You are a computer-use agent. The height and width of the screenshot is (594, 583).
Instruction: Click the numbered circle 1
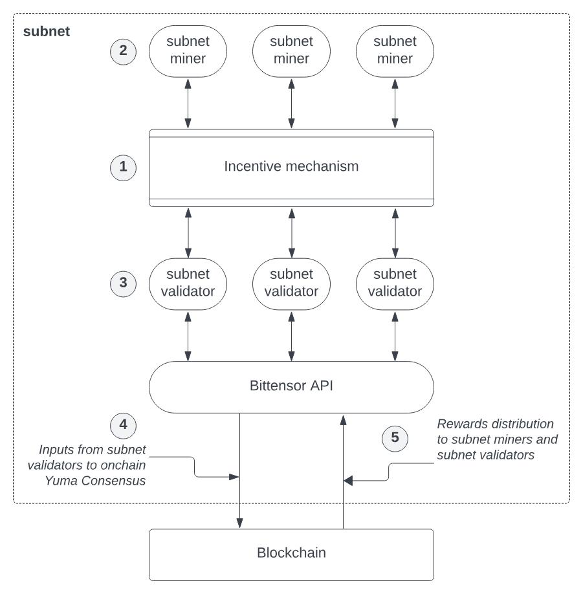tap(123, 168)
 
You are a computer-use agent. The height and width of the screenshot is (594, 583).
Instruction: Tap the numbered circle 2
tap(123, 51)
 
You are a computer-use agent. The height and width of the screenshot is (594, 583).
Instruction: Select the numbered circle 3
tap(123, 283)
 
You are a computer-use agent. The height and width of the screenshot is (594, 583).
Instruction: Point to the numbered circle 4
tap(123, 425)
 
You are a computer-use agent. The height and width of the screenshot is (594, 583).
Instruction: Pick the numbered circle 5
tap(395, 439)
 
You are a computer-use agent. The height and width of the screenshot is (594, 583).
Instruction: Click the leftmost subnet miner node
tap(188, 51)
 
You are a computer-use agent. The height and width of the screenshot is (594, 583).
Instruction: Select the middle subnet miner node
tap(291, 51)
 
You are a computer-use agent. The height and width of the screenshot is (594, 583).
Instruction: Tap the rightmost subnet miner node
tap(395, 51)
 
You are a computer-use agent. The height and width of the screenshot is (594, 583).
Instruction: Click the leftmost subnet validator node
tap(188, 284)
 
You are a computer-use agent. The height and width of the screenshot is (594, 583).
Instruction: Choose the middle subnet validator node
tap(291, 284)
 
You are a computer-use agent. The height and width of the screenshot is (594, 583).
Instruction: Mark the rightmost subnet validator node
tap(395, 284)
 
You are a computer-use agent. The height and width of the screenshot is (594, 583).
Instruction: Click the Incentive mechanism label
tap(291, 166)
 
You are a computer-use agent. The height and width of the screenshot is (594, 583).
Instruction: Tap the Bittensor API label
tap(291, 386)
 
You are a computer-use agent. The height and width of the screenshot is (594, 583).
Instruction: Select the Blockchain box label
tap(291, 553)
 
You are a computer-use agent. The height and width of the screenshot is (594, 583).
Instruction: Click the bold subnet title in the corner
tap(47, 32)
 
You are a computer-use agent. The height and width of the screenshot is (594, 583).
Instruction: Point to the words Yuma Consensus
tap(95, 481)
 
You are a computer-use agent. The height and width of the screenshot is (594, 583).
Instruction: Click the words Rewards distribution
tap(496, 424)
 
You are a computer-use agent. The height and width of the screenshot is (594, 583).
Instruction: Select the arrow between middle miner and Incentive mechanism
tap(291, 104)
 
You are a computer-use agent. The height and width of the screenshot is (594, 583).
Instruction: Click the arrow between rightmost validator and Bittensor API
tap(395, 336)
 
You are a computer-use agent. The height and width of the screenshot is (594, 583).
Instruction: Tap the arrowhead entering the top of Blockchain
tap(239, 523)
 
